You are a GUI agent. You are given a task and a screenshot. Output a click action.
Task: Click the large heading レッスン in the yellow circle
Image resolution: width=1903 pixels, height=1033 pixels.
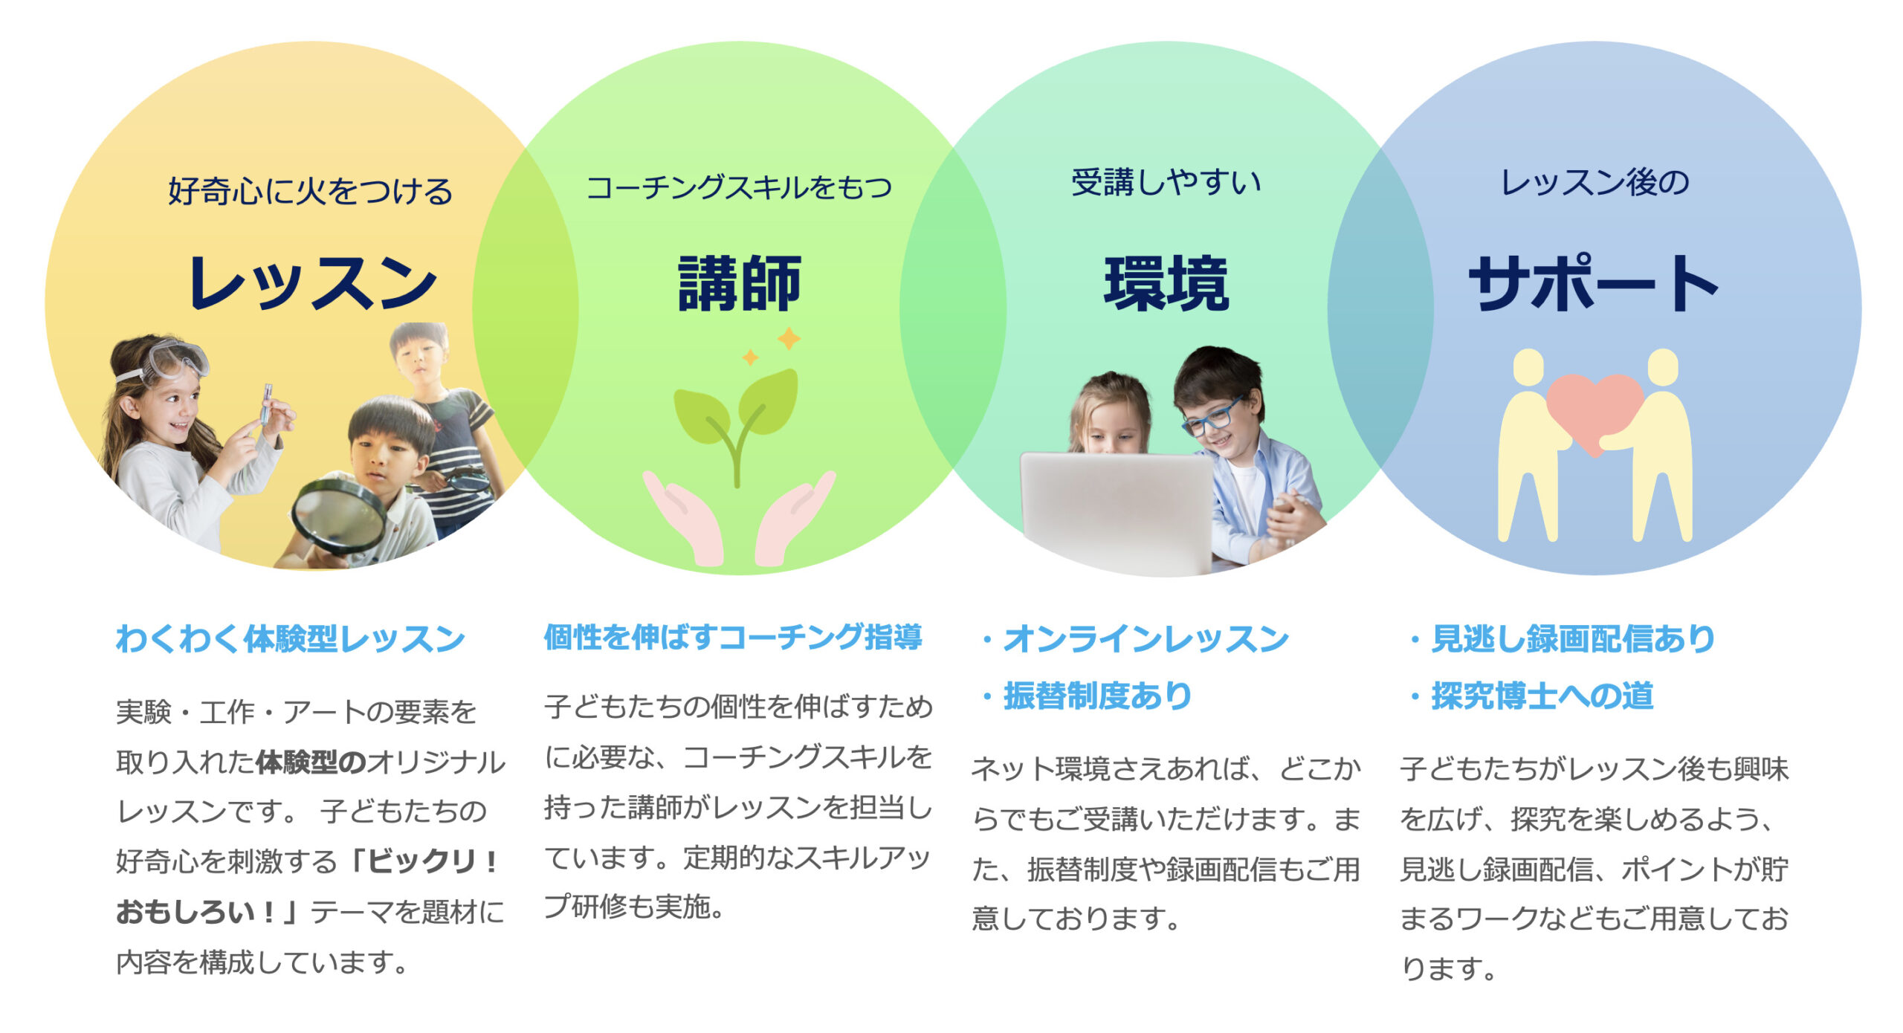(312, 283)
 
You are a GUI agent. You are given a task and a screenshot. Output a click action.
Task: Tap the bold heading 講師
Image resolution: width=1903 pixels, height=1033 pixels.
(740, 283)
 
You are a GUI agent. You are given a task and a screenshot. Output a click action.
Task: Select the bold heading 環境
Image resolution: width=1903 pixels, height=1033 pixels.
(1166, 283)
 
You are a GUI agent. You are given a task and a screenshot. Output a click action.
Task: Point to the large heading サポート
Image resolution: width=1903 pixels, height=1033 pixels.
(1594, 282)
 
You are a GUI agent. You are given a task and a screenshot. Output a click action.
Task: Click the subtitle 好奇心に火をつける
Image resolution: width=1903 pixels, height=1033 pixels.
(311, 191)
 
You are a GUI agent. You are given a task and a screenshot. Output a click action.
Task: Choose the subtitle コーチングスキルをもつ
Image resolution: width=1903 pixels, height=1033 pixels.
(739, 187)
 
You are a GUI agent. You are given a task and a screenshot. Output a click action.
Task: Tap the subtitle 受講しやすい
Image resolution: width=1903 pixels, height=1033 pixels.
(1166, 183)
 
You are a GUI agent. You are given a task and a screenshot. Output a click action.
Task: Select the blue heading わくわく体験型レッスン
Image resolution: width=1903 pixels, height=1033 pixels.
(291, 639)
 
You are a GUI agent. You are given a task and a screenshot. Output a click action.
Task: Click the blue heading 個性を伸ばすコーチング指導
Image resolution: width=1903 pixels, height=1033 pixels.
(733, 638)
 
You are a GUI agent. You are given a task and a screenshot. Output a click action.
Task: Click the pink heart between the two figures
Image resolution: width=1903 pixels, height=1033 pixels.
(1595, 411)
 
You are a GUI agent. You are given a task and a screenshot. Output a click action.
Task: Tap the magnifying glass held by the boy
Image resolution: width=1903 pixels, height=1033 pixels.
(338, 515)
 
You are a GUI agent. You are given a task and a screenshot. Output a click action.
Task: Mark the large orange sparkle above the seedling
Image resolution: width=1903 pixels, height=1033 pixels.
(789, 338)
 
